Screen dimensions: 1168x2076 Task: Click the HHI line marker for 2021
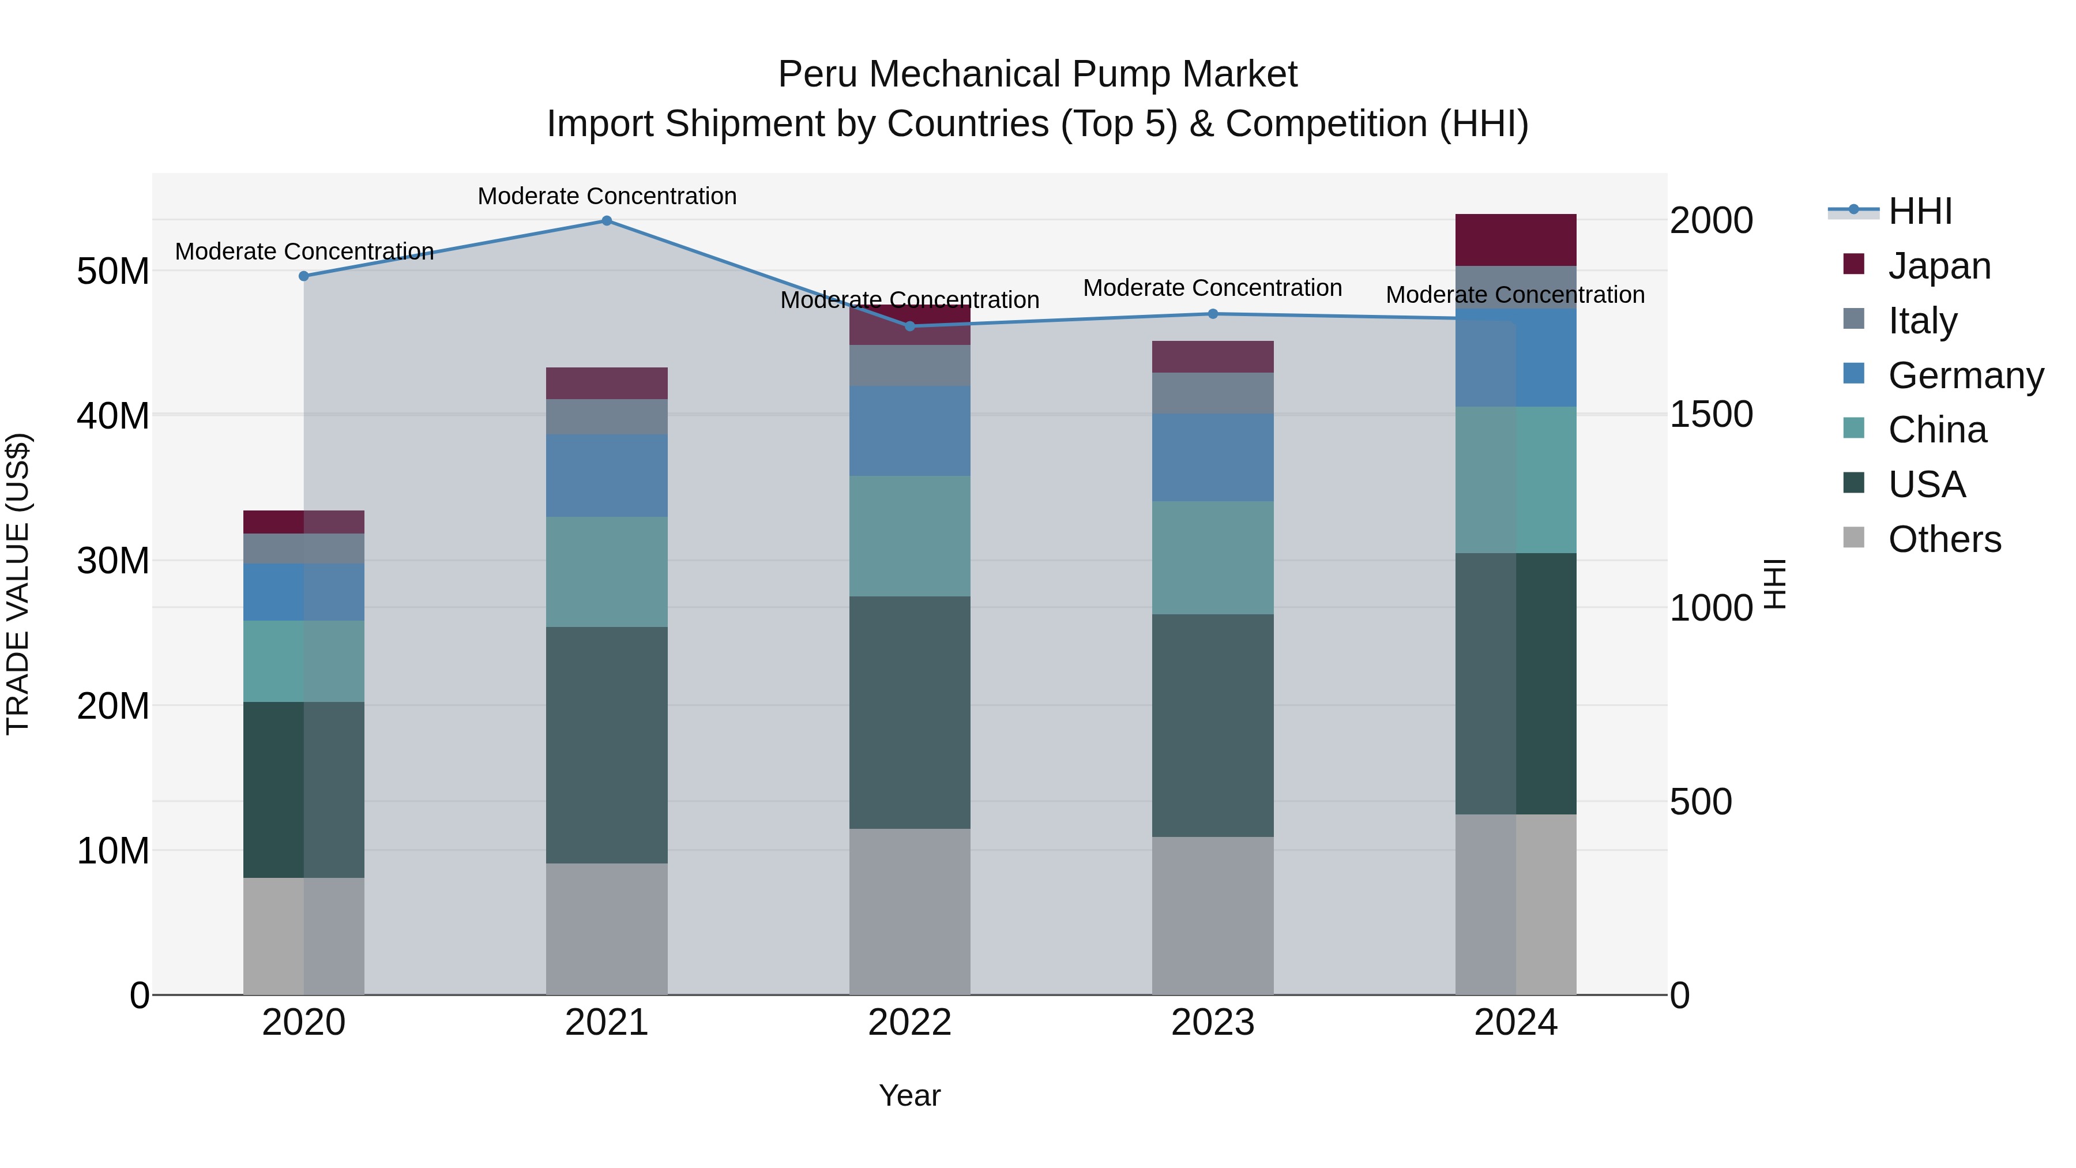pos(607,221)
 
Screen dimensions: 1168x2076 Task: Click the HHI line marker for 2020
pos(304,276)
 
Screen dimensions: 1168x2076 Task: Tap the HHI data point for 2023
pos(1213,314)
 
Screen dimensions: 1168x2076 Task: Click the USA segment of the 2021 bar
pos(607,746)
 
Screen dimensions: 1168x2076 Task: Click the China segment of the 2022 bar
pos(910,536)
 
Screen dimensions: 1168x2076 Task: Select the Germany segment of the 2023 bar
pos(1213,458)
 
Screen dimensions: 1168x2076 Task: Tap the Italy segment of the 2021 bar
pos(607,417)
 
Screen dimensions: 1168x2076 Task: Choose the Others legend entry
pos(1944,539)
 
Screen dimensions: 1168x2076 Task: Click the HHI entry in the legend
pos(1920,211)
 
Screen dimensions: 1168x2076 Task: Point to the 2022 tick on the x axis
pos(910,1023)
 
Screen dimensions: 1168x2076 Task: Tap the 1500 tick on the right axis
pos(1710,414)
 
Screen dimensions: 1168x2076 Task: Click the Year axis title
pos(910,1095)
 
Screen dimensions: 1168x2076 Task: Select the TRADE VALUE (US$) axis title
pos(18,584)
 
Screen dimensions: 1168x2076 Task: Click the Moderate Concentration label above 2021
pos(607,196)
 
